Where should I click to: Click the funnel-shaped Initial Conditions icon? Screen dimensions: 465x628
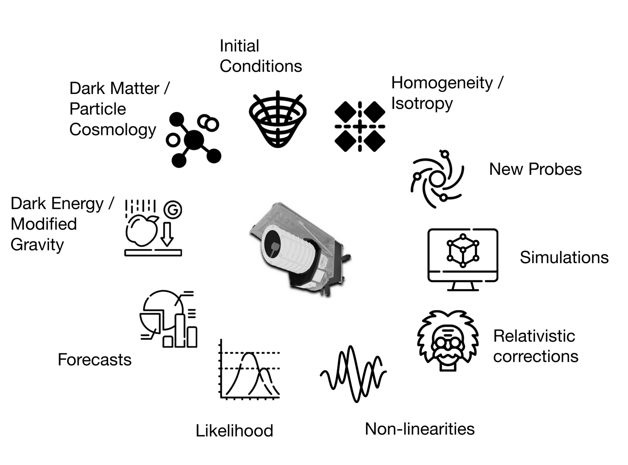pos(278,119)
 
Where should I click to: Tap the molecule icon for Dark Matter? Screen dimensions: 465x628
pos(194,140)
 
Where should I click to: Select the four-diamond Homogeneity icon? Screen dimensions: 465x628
pos(360,126)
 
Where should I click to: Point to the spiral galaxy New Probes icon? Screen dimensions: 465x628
pos(437,179)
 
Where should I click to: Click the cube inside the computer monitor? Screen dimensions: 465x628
pos(463,250)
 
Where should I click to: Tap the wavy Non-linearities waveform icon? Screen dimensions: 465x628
pos(353,374)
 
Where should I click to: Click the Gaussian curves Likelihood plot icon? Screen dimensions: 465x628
pos(250,370)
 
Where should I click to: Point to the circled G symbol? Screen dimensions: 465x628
pos(173,209)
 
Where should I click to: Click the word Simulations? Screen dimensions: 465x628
pos(564,257)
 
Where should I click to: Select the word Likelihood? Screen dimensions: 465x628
pos(234,431)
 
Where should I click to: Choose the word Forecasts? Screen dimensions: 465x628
pos(94,360)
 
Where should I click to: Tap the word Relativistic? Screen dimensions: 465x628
pos(534,336)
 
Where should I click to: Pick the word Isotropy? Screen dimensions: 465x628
pos(422,103)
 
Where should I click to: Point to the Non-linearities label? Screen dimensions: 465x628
pos(419,429)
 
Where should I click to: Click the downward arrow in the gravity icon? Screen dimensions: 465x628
pos(167,234)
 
